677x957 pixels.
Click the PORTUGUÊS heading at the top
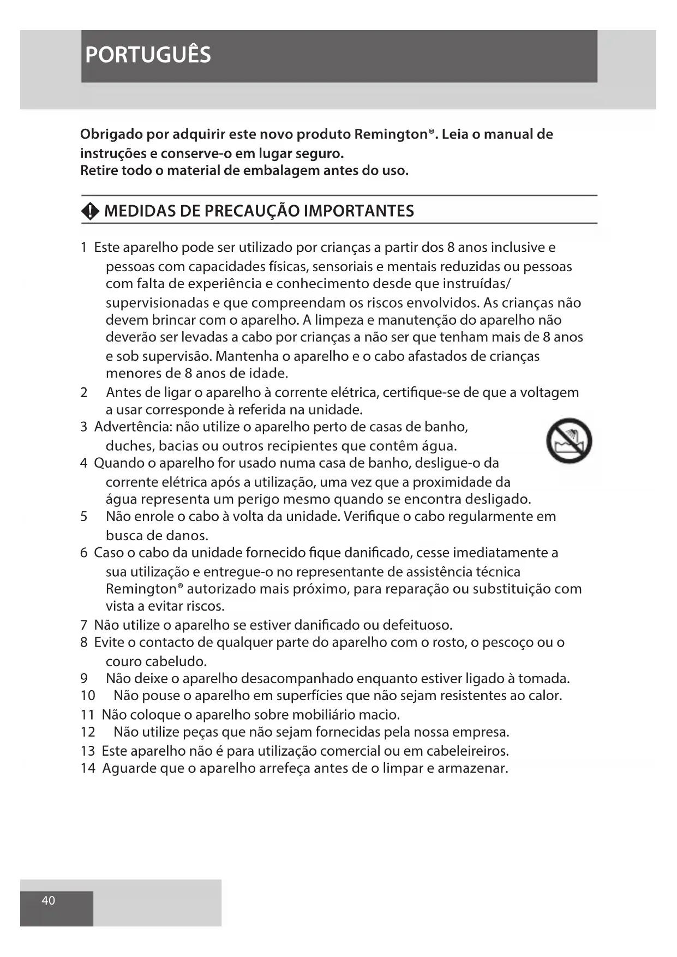click(148, 55)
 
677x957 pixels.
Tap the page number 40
click(48, 900)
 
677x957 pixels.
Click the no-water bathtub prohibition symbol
click(569, 441)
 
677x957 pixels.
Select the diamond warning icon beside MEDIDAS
click(90, 212)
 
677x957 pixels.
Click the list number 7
click(83, 625)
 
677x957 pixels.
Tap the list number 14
click(87, 768)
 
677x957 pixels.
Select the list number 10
click(87, 696)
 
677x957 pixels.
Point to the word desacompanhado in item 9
click(297, 679)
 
